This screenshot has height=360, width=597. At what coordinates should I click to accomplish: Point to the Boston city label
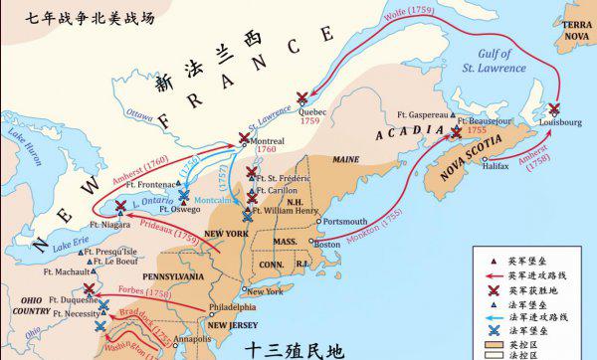coord(327,242)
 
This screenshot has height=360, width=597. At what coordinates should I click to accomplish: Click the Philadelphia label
coord(232,307)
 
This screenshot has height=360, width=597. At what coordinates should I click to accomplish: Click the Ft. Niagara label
coord(96,225)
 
